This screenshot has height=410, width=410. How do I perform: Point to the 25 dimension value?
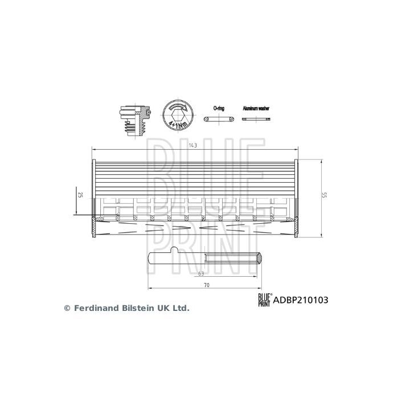(80, 195)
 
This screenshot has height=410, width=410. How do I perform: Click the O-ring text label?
(219, 108)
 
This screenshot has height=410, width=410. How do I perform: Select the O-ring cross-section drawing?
(219, 119)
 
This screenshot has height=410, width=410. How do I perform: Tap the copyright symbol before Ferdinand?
(67, 307)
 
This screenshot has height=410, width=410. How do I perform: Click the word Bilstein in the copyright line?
(136, 307)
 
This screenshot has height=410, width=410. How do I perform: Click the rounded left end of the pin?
(150, 259)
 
